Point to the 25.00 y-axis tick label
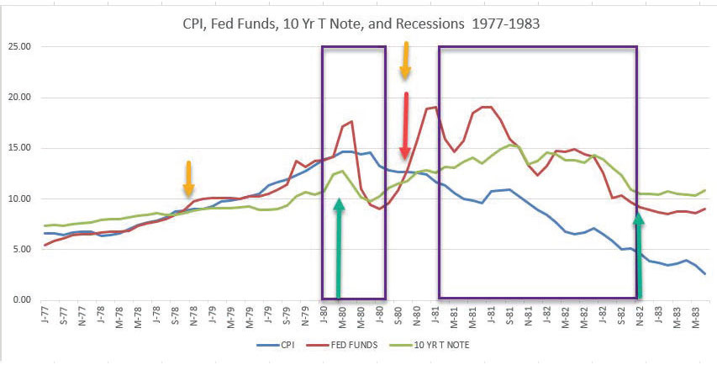[18, 46]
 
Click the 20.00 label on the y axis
[18, 98]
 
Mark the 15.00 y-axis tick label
[18, 148]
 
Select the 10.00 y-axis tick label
[18, 199]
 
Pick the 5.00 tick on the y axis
[21, 250]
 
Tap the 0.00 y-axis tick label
[21, 300]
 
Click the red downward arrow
[406, 126]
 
